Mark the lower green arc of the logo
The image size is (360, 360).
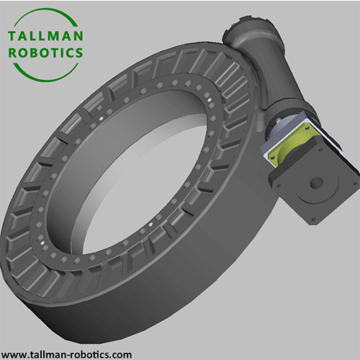[45, 74]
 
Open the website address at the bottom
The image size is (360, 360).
[69, 350]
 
